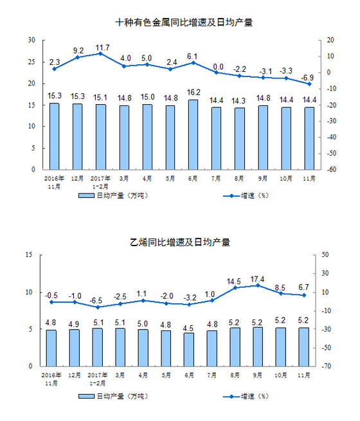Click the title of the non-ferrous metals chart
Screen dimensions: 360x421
click(184, 22)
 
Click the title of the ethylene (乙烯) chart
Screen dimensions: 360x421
click(180, 242)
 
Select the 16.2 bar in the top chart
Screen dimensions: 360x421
click(194, 135)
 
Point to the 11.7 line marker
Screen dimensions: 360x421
click(100, 53)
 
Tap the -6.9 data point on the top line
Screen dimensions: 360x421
click(309, 84)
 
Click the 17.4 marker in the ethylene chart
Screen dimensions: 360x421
click(258, 285)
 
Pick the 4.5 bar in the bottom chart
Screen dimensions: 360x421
click(189, 350)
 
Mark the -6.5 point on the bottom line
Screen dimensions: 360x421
click(98, 307)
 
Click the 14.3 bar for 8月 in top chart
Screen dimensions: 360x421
click(239, 139)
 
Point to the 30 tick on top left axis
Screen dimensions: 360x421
click(32, 40)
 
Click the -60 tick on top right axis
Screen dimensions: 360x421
click(332, 170)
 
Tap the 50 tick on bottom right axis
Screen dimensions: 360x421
click(325, 255)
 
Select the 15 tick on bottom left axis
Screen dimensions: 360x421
click(29, 255)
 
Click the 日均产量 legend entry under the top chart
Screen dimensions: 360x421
click(113, 195)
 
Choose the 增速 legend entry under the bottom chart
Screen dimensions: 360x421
click(246, 396)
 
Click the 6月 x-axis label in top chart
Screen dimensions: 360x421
click(193, 179)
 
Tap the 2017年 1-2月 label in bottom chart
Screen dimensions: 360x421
click(98, 379)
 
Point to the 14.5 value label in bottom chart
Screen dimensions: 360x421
click(233, 282)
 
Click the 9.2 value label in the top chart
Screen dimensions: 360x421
click(78, 51)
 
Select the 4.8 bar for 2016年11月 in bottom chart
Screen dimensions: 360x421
click(51, 348)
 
